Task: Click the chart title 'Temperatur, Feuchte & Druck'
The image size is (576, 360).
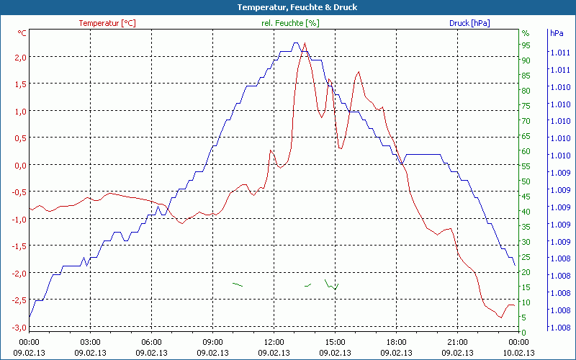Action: tap(287, 7)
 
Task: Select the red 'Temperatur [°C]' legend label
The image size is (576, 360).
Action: tap(107, 23)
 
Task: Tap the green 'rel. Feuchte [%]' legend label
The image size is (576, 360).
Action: tap(289, 23)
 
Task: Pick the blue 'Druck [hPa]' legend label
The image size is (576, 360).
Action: tap(469, 23)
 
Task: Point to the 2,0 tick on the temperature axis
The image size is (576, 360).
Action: tap(20, 57)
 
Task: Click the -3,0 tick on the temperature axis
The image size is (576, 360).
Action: tap(19, 327)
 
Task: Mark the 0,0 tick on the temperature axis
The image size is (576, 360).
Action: tap(20, 165)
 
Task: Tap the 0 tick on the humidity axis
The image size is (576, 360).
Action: tap(524, 332)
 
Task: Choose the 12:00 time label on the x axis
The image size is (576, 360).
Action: tap(274, 342)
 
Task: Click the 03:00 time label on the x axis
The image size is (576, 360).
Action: tap(90, 342)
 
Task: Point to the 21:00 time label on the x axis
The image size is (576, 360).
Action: tap(458, 342)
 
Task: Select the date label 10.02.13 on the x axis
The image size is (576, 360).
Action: tap(519, 353)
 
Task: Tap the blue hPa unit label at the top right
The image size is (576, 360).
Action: tap(556, 33)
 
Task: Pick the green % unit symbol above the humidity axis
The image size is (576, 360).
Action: tap(526, 33)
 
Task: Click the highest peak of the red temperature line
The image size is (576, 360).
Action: tap(305, 43)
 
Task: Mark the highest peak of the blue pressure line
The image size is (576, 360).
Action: tap(295, 43)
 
